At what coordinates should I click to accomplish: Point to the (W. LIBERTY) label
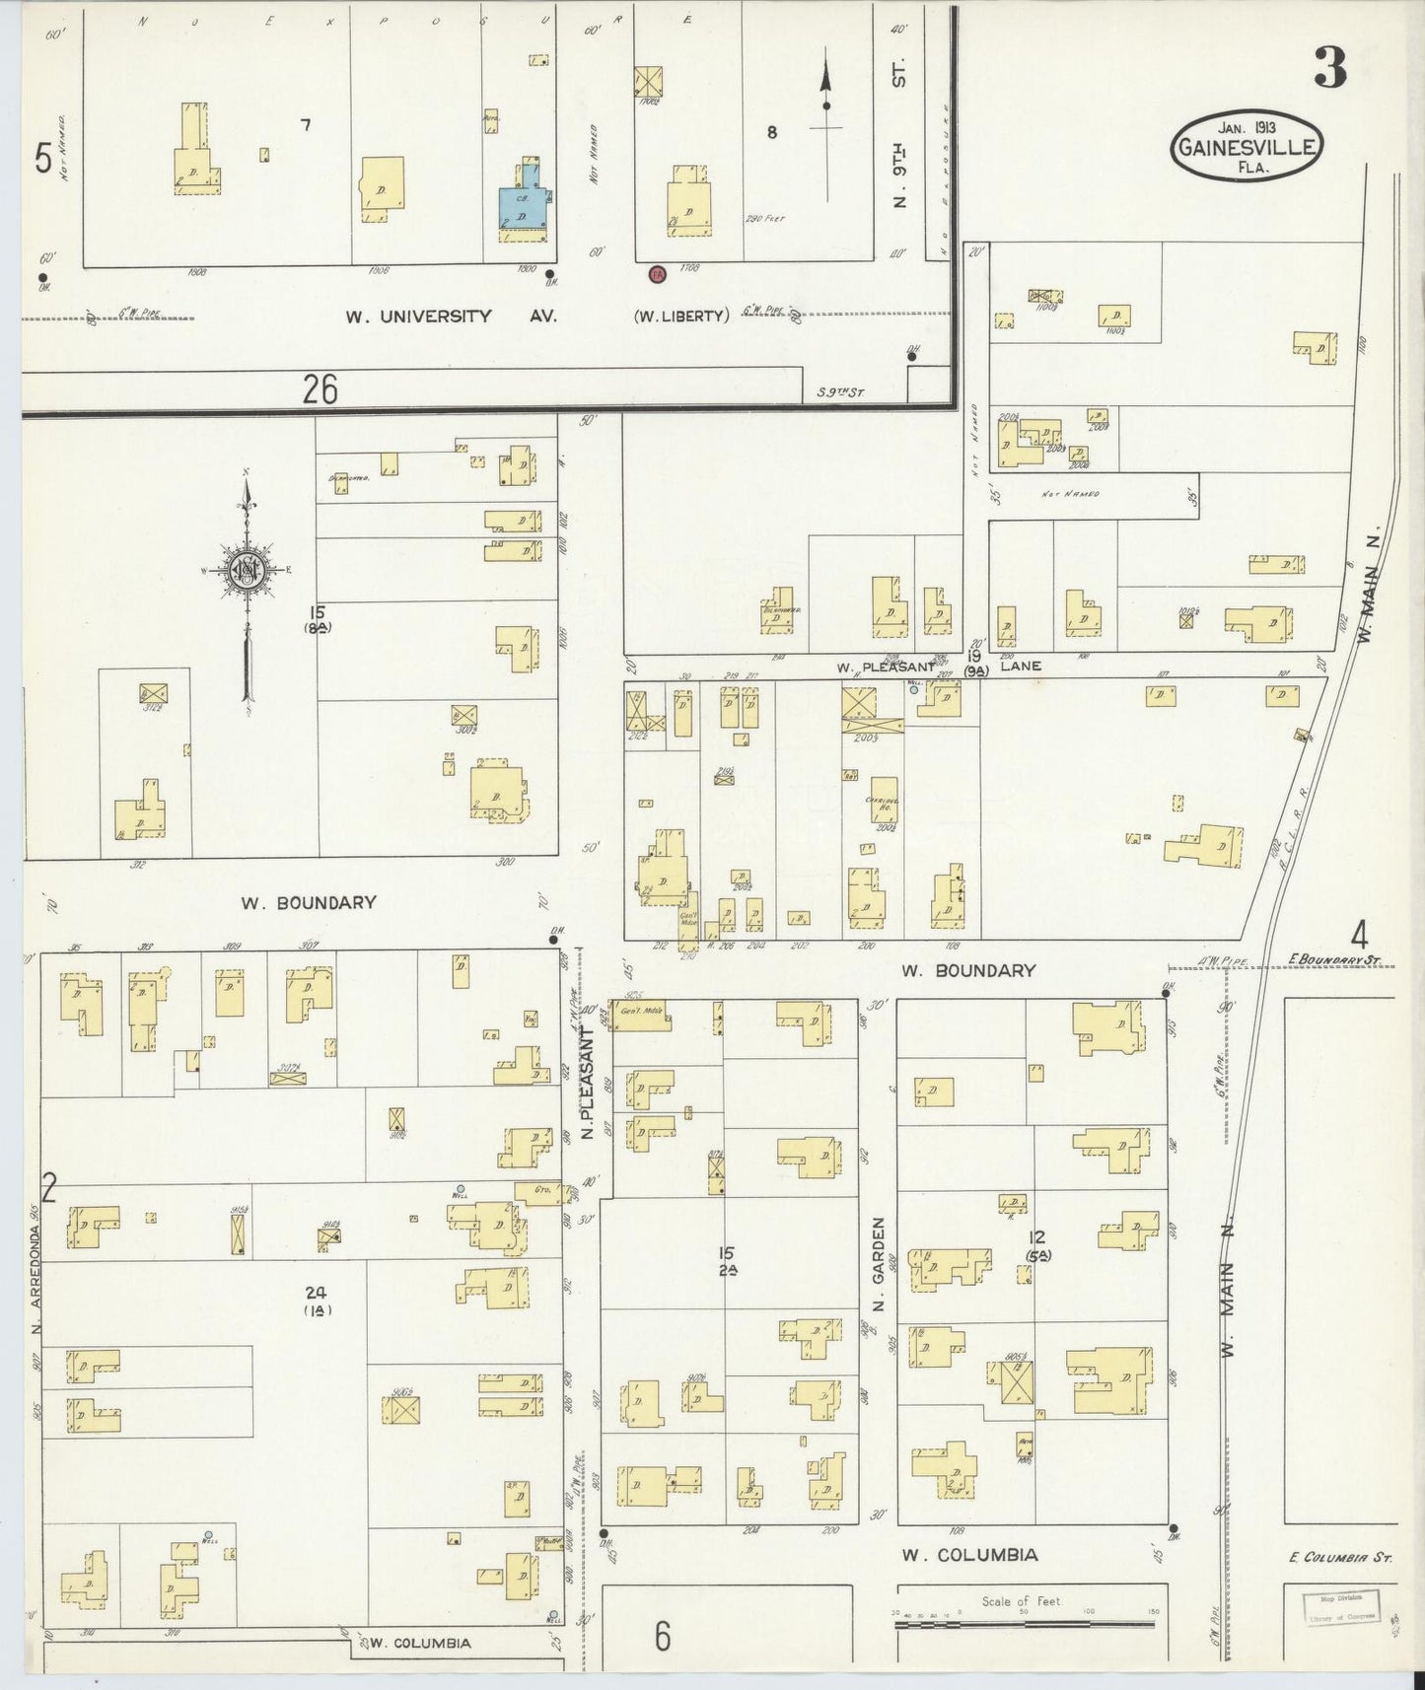[680, 317]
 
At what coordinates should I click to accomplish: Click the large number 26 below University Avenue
[321, 391]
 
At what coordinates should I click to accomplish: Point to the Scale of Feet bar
[1026, 1624]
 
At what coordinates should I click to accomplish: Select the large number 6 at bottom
[662, 1638]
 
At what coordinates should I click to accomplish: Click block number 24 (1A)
[316, 1302]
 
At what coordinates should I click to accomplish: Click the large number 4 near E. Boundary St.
[1360, 933]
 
